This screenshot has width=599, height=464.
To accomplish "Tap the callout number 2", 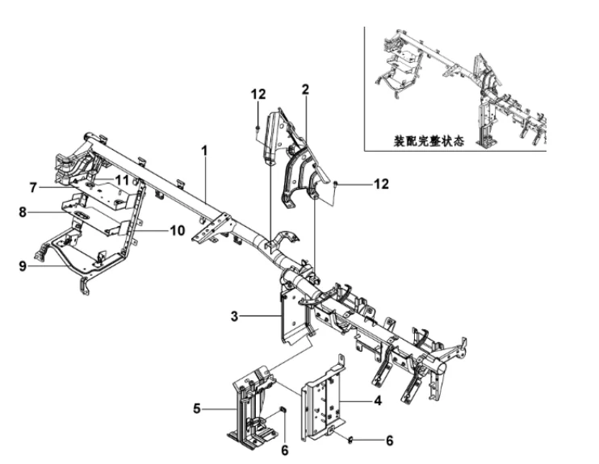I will click(305, 90).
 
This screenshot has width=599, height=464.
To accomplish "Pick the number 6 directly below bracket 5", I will click(284, 450).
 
